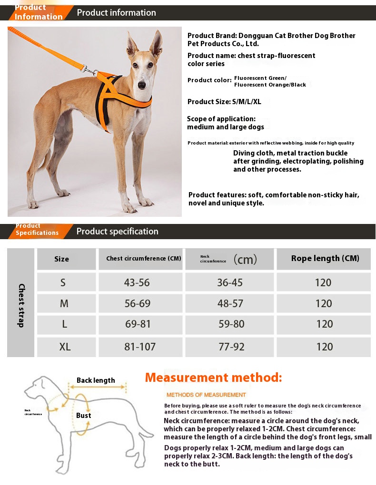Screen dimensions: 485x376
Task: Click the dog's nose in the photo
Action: [141, 86]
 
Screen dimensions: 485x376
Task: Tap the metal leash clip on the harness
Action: [89, 71]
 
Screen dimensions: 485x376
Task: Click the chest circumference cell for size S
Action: [137, 282]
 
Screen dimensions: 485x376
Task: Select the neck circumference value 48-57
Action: [230, 303]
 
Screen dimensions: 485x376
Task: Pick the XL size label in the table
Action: [65, 347]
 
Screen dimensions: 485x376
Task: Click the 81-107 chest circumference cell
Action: [140, 347]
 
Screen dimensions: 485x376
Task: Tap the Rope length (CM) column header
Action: [325, 258]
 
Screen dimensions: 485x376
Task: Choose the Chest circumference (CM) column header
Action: [144, 259]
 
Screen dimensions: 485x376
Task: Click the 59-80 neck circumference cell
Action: [231, 324]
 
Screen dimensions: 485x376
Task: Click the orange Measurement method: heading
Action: [214, 378]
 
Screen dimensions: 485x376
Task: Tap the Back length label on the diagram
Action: [96, 380]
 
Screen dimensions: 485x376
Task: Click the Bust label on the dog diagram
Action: [84, 415]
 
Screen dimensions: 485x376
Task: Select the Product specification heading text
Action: [118, 232]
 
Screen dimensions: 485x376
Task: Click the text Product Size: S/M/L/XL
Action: [225, 102]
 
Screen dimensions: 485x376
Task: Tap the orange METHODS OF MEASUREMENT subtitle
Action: [206, 395]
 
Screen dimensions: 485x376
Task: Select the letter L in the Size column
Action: [64, 324]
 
